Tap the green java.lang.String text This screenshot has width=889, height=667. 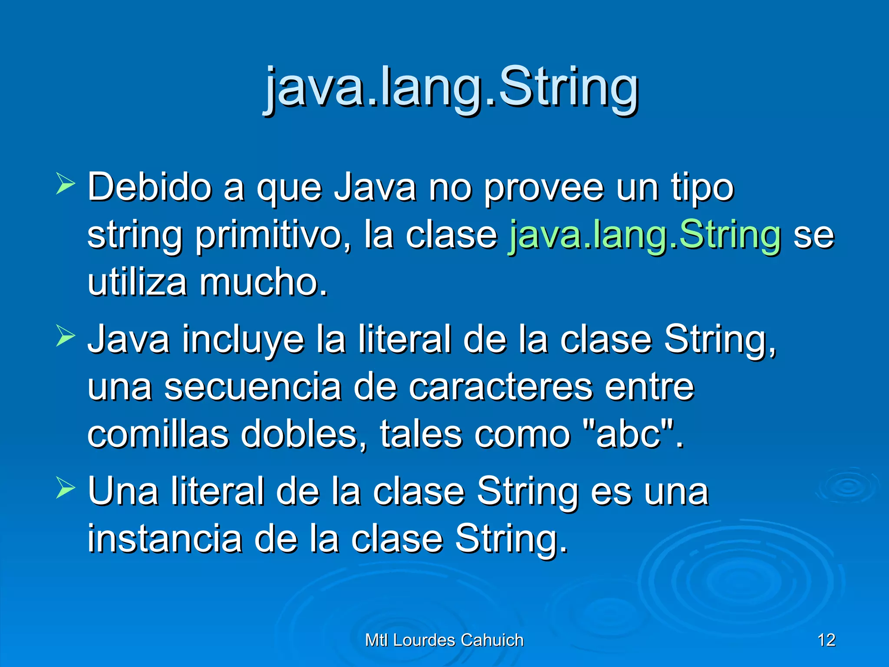pyautogui.click(x=645, y=235)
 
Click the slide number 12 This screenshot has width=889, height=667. pyautogui.click(x=826, y=640)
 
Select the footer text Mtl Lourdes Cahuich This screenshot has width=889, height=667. pyautogui.click(x=444, y=640)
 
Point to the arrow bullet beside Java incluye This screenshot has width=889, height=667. pyautogui.click(x=66, y=336)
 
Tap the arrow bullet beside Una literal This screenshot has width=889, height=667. pyautogui.click(x=66, y=488)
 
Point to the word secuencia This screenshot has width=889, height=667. pyautogui.click(x=253, y=387)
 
